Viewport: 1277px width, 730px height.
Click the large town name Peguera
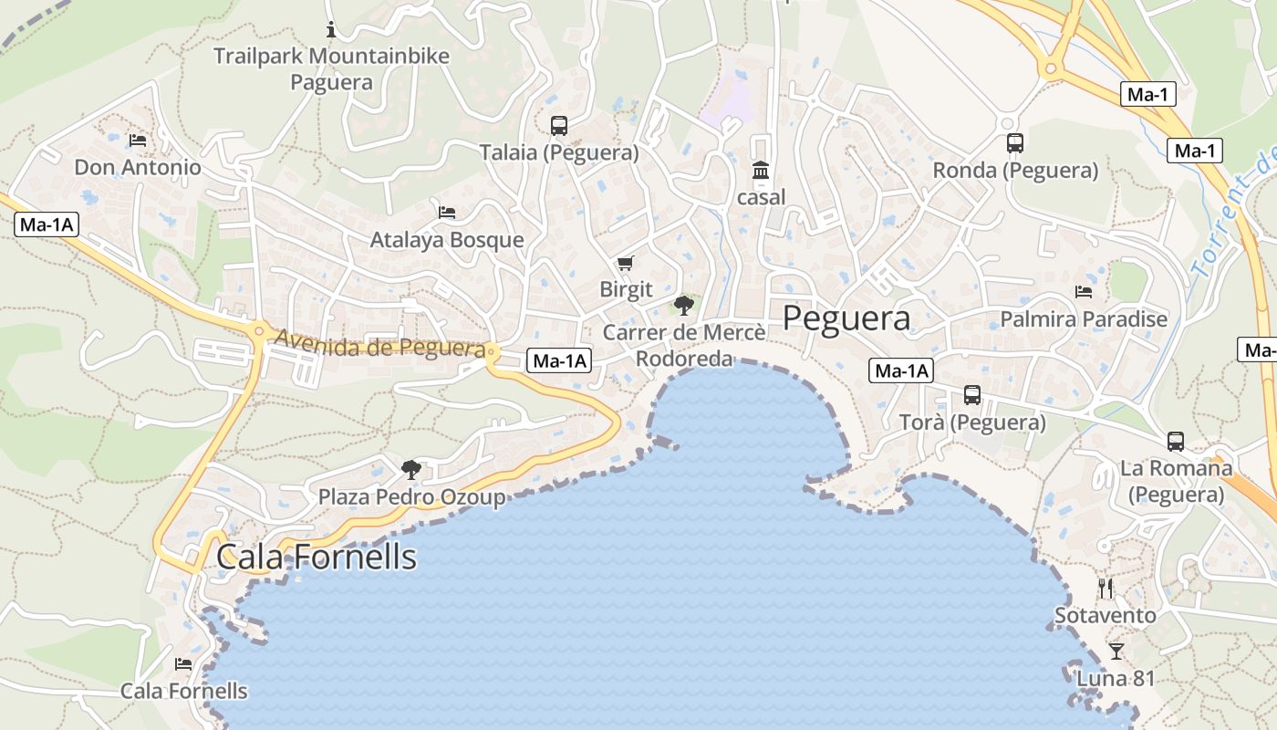click(846, 318)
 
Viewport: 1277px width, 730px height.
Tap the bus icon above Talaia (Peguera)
click(559, 126)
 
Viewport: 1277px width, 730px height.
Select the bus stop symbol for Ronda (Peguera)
click(1015, 143)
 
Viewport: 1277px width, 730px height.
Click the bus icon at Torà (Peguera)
click(972, 395)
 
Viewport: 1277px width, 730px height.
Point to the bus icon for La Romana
click(1176, 442)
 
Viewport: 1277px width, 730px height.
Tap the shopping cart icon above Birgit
click(625, 264)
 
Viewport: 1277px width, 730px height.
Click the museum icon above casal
click(761, 171)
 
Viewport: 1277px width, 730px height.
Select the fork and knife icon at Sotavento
click(1106, 589)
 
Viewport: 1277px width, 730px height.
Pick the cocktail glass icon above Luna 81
click(1116, 652)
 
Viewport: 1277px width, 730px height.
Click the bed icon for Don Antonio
click(138, 141)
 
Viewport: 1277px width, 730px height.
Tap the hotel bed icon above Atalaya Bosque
click(447, 213)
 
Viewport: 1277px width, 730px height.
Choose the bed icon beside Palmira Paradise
click(1084, 292)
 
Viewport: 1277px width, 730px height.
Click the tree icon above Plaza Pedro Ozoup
click(411, 470)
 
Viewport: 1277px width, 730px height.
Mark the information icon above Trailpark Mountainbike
click(331, 30)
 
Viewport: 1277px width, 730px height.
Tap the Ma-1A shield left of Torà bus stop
click(902, 370)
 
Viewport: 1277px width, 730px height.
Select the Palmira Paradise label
click(1084, 319)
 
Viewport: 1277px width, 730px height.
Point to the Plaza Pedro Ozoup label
click(411, 497)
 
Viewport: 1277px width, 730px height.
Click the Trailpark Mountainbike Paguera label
click(331, 69)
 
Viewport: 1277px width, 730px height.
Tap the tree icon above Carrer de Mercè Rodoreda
click(683, 306)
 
